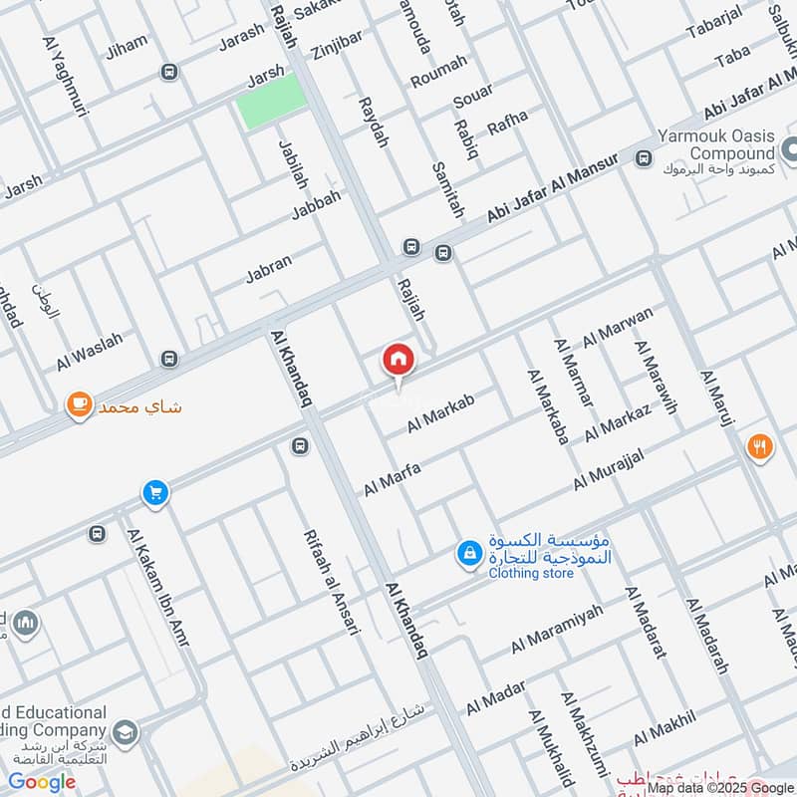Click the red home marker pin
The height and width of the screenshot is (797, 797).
tap(398, 360)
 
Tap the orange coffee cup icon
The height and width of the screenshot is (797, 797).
tap(78, 404)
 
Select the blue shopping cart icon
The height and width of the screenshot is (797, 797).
tap(154, 492)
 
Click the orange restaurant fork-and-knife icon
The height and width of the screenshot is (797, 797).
tap(759, 447)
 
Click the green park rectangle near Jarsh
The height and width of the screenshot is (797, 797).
tap(271, 101)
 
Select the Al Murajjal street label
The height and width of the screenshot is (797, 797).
tap(609, 468)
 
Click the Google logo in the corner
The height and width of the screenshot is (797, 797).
tap(43, 781)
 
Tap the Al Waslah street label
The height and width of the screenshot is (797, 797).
tap(90, 352)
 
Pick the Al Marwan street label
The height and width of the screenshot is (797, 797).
tap(618, 326)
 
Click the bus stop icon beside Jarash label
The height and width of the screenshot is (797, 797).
tap(169, 72)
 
